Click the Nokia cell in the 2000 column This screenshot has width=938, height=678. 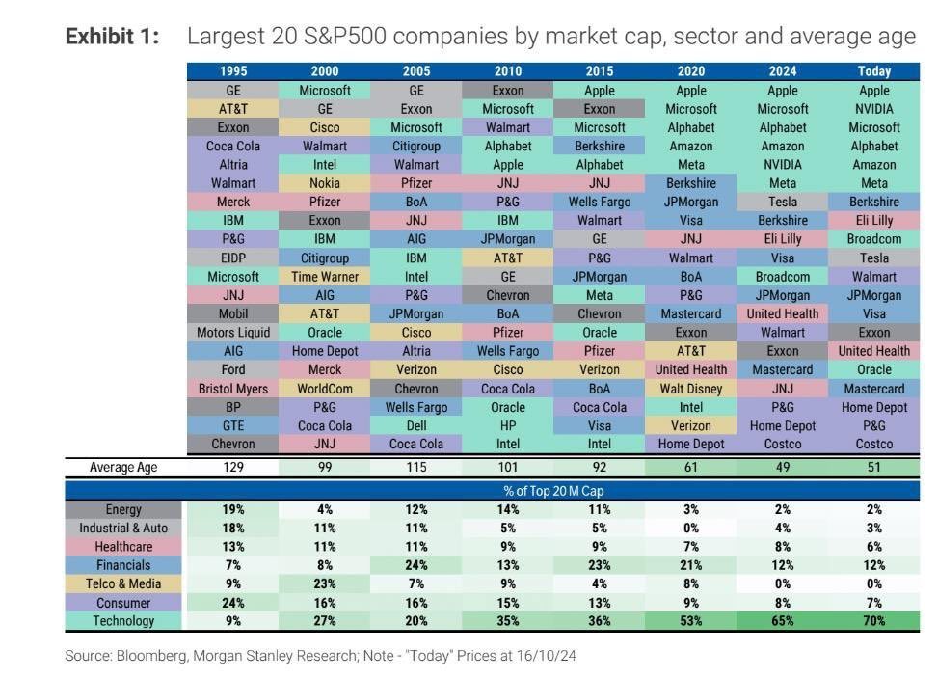pos(325,183)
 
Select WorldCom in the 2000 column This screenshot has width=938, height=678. pos(325,389)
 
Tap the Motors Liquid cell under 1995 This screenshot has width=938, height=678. pos(233,333)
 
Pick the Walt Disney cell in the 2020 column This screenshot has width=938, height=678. pos(691,389)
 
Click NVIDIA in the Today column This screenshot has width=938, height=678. pos(873,109)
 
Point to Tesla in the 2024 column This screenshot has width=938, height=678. pos(782,203)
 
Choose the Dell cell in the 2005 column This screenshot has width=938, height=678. pos(416,426)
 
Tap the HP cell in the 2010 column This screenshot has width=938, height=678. pos(508,426)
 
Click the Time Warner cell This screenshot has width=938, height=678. pos(325,277)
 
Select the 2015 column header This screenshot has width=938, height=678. pos(600,71)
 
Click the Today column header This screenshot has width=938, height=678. pos(873,71)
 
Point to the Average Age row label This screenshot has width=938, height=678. pos(123,468)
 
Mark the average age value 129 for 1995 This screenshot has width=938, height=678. pos(233,468)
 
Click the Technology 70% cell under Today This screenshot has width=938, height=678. pos(873,621)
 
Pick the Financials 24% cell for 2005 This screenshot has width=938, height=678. pos(416,565)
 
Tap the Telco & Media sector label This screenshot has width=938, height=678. pos(123,583)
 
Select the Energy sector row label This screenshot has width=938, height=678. pos(123,509)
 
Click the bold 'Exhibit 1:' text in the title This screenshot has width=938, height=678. pos(112,37)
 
